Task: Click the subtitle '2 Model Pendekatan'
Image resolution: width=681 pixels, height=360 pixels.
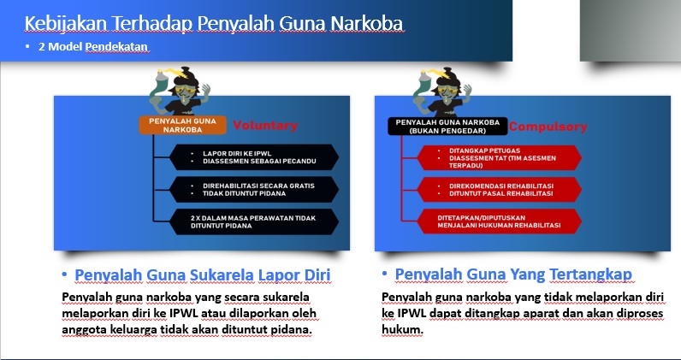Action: click(93, 46)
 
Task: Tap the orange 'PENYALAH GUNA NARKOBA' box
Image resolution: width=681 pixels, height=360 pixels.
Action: click(181, 126)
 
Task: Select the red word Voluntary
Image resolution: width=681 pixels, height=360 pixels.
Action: click(265, 126)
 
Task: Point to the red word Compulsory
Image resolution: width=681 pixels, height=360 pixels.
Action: click(548, 127)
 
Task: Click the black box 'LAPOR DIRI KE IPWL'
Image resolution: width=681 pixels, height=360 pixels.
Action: click(252, 157)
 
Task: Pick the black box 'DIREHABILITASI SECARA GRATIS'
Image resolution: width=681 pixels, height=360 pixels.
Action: click(252, 187)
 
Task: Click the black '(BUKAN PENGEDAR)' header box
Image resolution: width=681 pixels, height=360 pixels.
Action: click(448, 126)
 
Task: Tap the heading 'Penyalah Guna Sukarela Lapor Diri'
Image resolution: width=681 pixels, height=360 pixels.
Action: click(202, 274)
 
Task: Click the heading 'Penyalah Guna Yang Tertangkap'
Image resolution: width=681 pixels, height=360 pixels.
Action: click(513, 274)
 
